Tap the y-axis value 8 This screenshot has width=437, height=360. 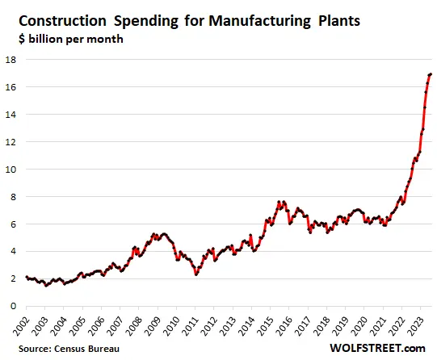(13, 196)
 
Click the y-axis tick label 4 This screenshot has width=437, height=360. (13, 251)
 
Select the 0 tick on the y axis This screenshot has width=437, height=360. (13, 306)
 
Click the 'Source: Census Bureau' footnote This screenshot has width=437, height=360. (64, 348)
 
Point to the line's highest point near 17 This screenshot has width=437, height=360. (430, 74)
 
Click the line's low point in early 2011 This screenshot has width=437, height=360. (195, 274)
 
